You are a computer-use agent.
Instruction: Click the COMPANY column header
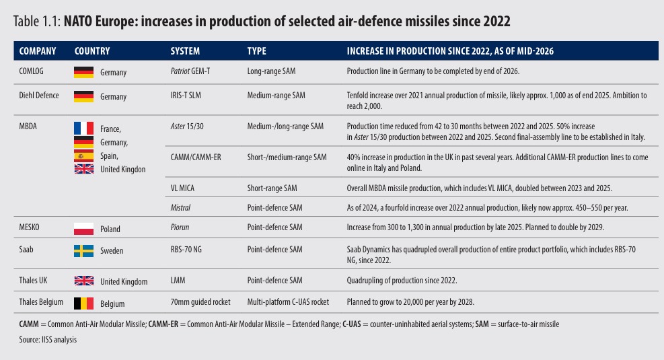tap(38, 51)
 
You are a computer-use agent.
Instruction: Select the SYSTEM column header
tap(185, 51)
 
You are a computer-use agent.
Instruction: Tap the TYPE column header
tap(256, 51)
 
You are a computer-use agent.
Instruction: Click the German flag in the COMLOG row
tap(84, 72)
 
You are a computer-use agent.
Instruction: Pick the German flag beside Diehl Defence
tap(84, 96)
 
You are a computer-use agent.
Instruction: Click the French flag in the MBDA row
tap(84, 128)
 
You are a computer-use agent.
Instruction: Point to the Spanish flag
tap(84, 155)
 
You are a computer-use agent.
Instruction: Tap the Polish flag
tap(84, 229)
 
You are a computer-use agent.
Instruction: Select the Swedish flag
tap(84, 251)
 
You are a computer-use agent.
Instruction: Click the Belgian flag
tap(84, 303)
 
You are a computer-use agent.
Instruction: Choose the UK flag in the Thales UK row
tap(84, 281)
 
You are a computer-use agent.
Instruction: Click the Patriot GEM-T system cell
tap(190, 71)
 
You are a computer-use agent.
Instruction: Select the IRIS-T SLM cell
tap(186, 96)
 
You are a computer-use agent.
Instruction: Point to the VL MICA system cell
tap(182, 188)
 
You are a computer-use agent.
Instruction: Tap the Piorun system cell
tap(180, 227)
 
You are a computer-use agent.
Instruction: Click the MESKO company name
tap(29, 227)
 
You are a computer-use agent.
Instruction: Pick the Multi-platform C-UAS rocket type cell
tap(288, 302)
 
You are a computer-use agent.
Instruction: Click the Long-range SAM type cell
tap(271, 71)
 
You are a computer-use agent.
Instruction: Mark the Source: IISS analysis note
tap(48, 340)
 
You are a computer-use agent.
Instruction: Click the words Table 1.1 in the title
tap(37, 21)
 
